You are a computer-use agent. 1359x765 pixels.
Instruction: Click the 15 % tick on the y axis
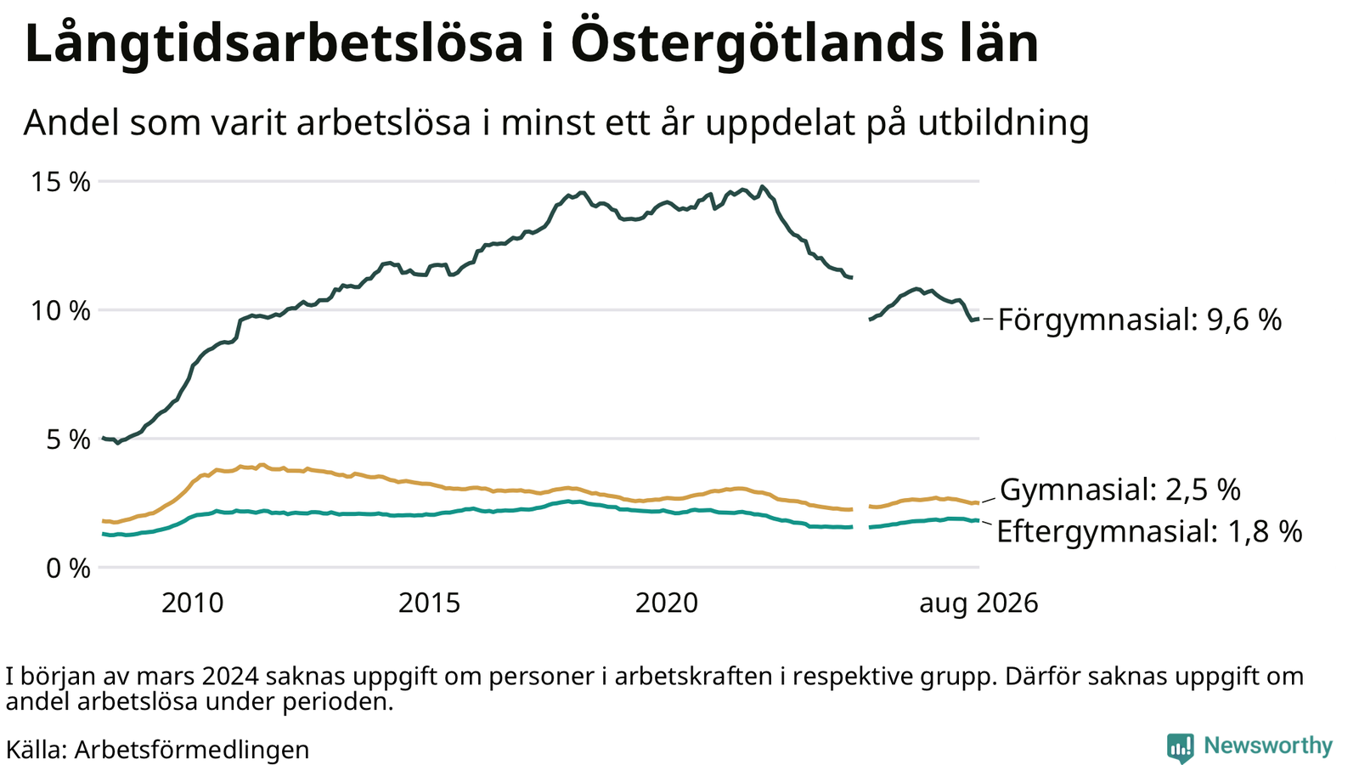pos(60,182)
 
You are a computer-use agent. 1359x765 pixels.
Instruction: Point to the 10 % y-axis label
pos(60,310)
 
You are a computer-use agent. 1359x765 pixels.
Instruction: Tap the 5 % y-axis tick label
pos(68,439)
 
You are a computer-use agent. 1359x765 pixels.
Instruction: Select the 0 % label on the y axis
pos(68,569)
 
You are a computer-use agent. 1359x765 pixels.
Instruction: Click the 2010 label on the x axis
pos(193,603)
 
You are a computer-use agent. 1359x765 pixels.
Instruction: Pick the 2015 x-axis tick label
pos(430,603)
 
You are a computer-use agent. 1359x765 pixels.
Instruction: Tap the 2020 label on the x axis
pos(667,603)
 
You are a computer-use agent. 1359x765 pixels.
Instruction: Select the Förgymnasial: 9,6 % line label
pos(1140,320)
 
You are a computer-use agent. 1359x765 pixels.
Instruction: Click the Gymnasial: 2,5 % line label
pos(1120,490)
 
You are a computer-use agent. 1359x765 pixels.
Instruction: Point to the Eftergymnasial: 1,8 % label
pos(1149,531)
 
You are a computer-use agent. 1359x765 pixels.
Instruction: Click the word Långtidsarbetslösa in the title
pos(273,43)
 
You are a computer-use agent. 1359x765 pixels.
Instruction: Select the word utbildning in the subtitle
pos(1003,122)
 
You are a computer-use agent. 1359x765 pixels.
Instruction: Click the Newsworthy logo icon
pos(1180,747)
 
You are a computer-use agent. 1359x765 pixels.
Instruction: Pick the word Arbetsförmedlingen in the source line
pos(192,750)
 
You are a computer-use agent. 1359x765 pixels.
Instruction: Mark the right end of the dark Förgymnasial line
pos(978,319)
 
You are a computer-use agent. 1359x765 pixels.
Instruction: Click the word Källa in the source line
pos(36,749)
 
